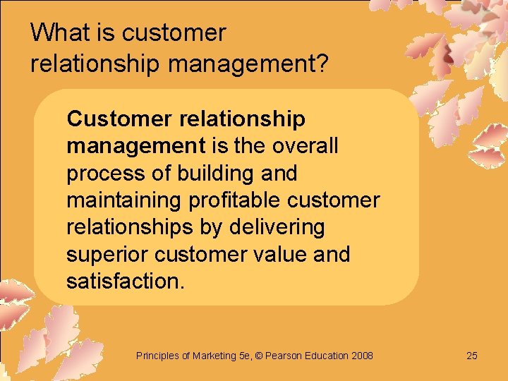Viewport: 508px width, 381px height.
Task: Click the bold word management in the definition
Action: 135,146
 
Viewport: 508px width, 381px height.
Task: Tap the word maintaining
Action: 123,200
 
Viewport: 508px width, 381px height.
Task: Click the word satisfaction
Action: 125,282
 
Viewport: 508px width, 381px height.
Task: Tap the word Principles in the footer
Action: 157,356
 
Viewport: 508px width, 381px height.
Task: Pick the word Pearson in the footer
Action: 286,356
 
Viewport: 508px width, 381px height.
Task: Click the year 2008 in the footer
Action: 362,356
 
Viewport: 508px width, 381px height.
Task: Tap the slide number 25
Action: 472,356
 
